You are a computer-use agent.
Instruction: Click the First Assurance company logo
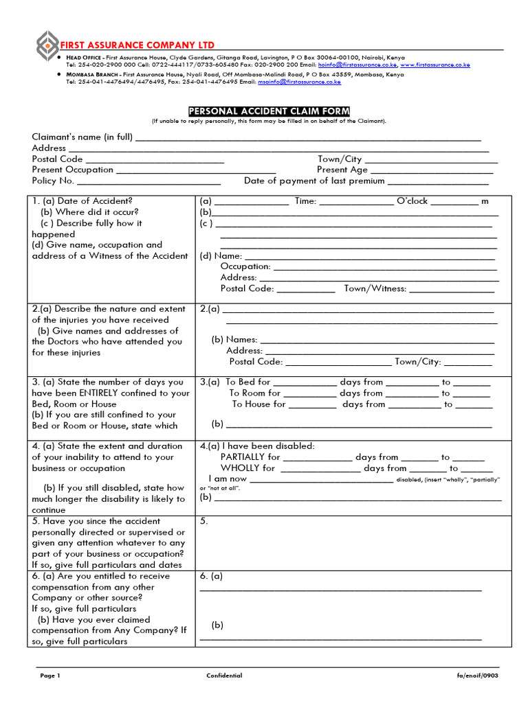click(x=47, y=45)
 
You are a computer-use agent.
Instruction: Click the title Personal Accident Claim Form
click(x=269, y=111)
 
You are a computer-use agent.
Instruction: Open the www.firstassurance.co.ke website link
click(x=434, y=65)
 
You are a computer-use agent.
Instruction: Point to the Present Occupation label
click(x=72, y=170)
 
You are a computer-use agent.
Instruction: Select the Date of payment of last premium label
click(x=314, y=181)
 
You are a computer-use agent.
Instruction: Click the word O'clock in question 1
click(x=412, y=201)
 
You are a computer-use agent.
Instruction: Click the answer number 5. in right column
click(x=203, y=521)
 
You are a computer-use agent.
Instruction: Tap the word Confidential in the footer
click(x=224, y=676)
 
